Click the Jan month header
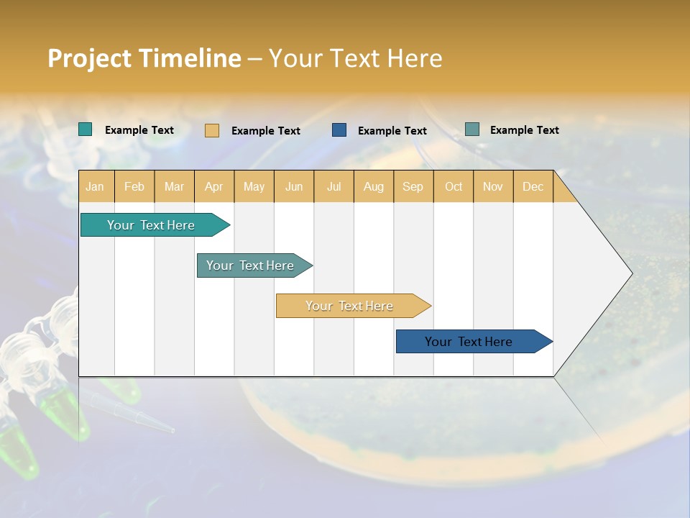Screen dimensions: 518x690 tap(95, 186)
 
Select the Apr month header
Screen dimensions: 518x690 tap(214, 186)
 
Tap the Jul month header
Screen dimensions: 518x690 tap(333, 186)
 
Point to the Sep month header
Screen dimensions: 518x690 tap(413, 186)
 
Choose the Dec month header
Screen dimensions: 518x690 tap(533, 186)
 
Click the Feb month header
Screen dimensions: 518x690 tap(134, 186)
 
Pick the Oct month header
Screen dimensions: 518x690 tap(454, 186)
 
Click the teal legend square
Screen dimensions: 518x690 tap(86, 129)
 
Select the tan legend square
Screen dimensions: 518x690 tap(212, 130)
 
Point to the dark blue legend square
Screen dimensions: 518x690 tap(339, 130)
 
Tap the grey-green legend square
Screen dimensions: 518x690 tap(472, 129)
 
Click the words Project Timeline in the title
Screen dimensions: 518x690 tap(144, 58)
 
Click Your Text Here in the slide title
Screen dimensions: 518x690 tap(356, 58)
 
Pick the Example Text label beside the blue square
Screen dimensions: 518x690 tap(392, 130)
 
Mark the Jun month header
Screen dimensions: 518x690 tap(294, 186)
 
